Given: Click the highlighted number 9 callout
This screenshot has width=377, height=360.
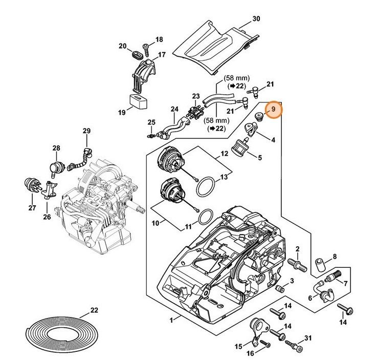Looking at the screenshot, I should click(x=274, y=110).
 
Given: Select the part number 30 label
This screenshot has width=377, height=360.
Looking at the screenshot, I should click(x=256, y=19).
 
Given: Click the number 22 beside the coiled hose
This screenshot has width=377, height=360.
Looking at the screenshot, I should click(x=94, y=310).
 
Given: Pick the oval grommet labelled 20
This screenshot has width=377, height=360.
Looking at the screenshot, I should click(x=137, y=54).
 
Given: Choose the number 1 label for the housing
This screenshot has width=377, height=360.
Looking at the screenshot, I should click(x=172, y=319).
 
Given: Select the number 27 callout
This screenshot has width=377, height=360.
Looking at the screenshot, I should click(x=32, y=208).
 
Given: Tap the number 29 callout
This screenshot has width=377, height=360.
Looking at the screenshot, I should click(x=86, y=131).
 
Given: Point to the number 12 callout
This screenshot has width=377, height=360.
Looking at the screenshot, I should click(x=224, y=153).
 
